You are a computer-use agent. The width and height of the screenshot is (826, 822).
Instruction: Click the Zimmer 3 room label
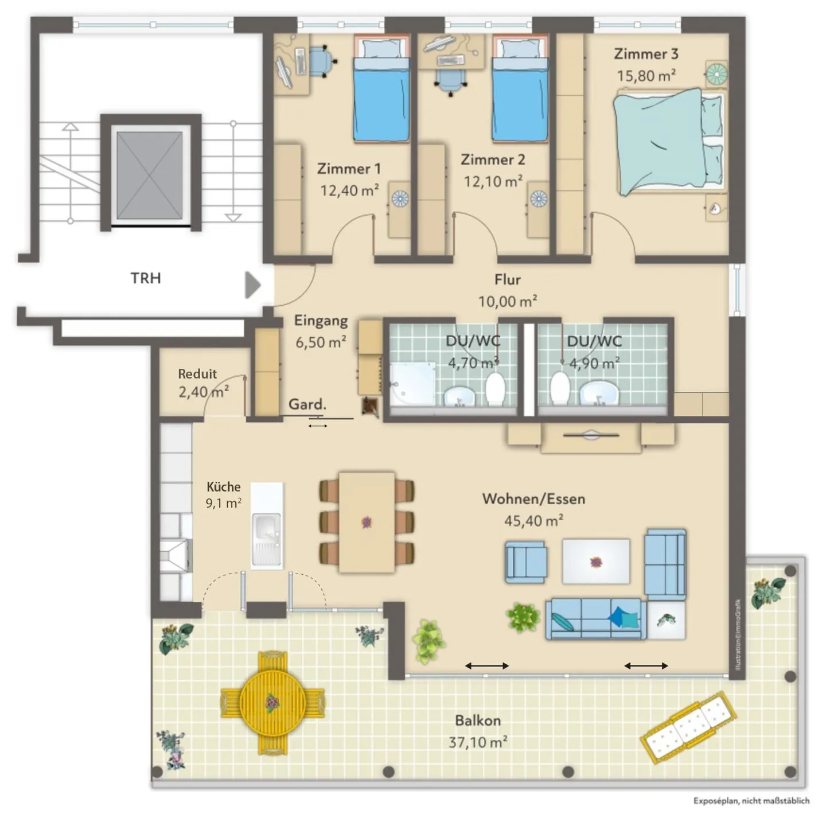point(646,54)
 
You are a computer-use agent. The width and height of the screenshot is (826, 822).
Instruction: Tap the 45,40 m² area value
point(533,520)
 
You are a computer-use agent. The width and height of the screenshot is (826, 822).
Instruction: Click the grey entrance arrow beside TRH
point(252,285)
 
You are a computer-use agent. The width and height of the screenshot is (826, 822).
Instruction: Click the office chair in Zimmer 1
point(321,61)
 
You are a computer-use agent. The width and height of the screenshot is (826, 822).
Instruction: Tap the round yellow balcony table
point(272,703)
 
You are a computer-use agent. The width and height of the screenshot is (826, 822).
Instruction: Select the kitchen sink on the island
point(267,539)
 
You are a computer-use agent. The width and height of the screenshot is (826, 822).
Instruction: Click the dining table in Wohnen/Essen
point(367,522)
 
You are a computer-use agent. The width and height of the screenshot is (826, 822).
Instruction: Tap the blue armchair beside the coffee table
point(525,562)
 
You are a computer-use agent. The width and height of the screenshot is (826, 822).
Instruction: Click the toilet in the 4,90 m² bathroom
point(560,388)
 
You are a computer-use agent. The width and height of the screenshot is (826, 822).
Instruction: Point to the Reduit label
point(197,374)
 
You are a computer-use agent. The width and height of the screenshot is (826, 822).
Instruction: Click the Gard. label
point(307,404)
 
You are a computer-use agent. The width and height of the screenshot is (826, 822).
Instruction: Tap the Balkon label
point(478,720)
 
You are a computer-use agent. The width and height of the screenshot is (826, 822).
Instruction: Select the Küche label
point(223,486)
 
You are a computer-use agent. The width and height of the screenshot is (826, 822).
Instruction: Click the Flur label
point(508,279)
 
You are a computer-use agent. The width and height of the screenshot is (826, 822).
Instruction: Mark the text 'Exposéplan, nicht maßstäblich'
point(751,801)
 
